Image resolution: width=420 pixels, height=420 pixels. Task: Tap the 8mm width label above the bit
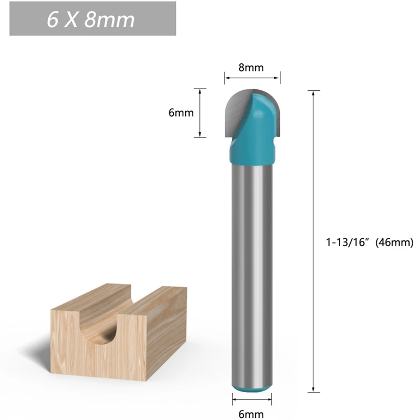(x=251, y=67)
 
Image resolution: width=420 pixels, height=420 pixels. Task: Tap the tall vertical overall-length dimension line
(x=313, y=241)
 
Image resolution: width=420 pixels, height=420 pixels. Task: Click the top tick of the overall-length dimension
(x=313, y=91)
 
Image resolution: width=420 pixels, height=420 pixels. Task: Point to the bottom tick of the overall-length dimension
(x=313, y=392)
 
